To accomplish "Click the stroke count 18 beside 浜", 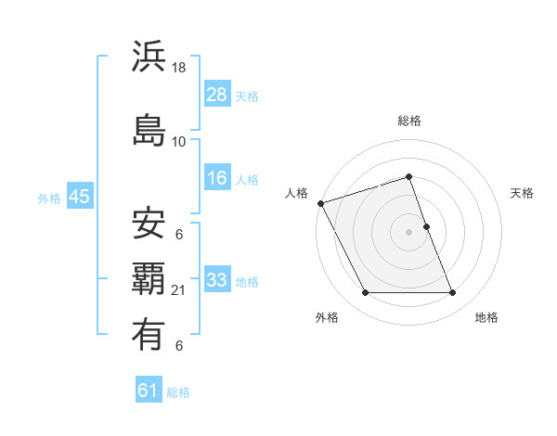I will coord(179,69).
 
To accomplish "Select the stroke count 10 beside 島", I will coord(179,141).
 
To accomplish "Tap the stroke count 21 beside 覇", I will coord(179,291).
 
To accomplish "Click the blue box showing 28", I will coord(216,95).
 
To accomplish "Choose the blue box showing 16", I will coord(216,178).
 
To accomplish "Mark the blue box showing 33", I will coord(216,279).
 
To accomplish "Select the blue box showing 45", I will coord(79,197).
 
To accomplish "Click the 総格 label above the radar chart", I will coord(409,121).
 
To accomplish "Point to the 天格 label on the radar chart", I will coord(522,193).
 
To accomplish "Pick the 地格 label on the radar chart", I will coord(486,317).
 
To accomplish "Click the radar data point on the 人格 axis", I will coord(320,203).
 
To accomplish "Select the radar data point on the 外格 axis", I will coord(365,293).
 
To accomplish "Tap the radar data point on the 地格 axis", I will coord(453,293).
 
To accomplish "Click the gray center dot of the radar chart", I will coord(409,232).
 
